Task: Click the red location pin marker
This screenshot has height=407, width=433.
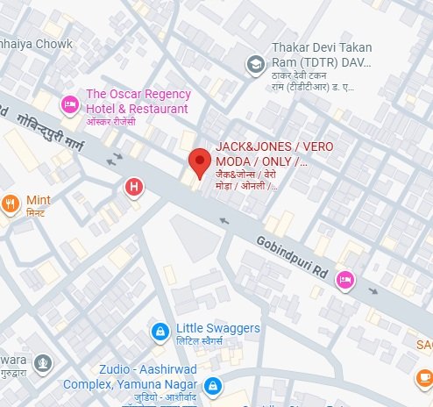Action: pos(200,161)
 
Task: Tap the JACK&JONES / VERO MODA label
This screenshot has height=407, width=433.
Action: pos(262,154)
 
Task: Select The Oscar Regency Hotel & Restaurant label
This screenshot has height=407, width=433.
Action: pos(136,102)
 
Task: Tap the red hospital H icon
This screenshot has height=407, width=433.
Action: pos(134,186)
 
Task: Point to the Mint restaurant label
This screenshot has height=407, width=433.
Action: pos(39,200)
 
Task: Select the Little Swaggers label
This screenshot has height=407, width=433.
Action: pos(217,328)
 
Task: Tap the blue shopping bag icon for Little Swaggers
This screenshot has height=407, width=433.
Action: pos(160,332)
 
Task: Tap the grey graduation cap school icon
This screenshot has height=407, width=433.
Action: pos(255,63)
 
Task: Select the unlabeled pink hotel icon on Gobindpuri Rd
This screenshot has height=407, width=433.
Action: pos(346,278)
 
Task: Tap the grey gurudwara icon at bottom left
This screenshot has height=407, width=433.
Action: pos(43,363)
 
